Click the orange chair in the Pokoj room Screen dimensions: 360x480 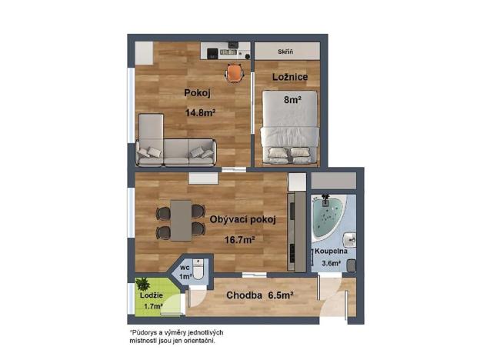(x=234, y=72)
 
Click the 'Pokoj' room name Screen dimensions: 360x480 (x=196, y=94)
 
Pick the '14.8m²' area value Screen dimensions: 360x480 (x=200, y=113)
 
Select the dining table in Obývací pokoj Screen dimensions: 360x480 (x=181, y=219)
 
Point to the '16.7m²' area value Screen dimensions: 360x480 (x=239, y=239)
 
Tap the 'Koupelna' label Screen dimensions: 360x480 (x=331, y=252)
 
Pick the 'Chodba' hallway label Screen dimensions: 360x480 (x=244, y=295)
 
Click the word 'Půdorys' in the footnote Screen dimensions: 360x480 (x=146, y=332)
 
